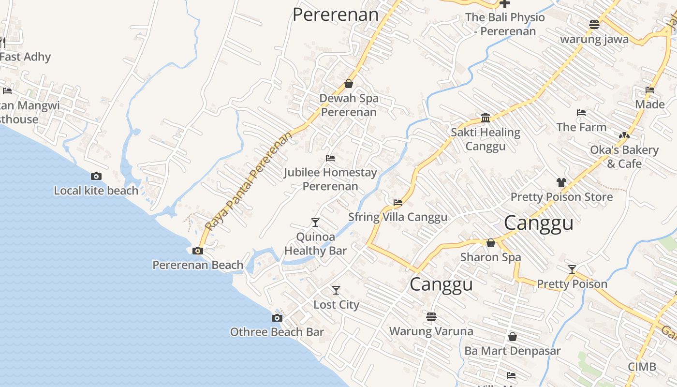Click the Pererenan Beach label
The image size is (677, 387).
198,265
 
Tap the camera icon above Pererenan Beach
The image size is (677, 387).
198,251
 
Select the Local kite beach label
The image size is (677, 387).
96,191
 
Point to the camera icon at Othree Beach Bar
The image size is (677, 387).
277,318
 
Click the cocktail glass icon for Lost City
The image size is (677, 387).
336,290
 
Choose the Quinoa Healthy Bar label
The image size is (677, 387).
315,244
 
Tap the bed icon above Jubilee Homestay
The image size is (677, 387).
330,158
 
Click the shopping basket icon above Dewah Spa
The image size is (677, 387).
349,84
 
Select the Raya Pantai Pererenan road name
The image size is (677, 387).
249,181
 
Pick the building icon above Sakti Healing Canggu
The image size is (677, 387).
486,118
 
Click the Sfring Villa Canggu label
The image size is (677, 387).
398,217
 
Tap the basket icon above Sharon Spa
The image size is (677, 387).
491,243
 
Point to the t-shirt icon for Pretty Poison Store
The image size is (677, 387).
561,182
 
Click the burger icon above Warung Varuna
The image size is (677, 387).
431,316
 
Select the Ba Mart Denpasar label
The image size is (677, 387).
513,351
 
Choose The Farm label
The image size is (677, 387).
581,127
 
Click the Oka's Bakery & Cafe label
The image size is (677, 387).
624,157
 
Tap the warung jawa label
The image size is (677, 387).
594,39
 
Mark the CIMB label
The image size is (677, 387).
642,367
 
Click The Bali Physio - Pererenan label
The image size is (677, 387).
505,24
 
